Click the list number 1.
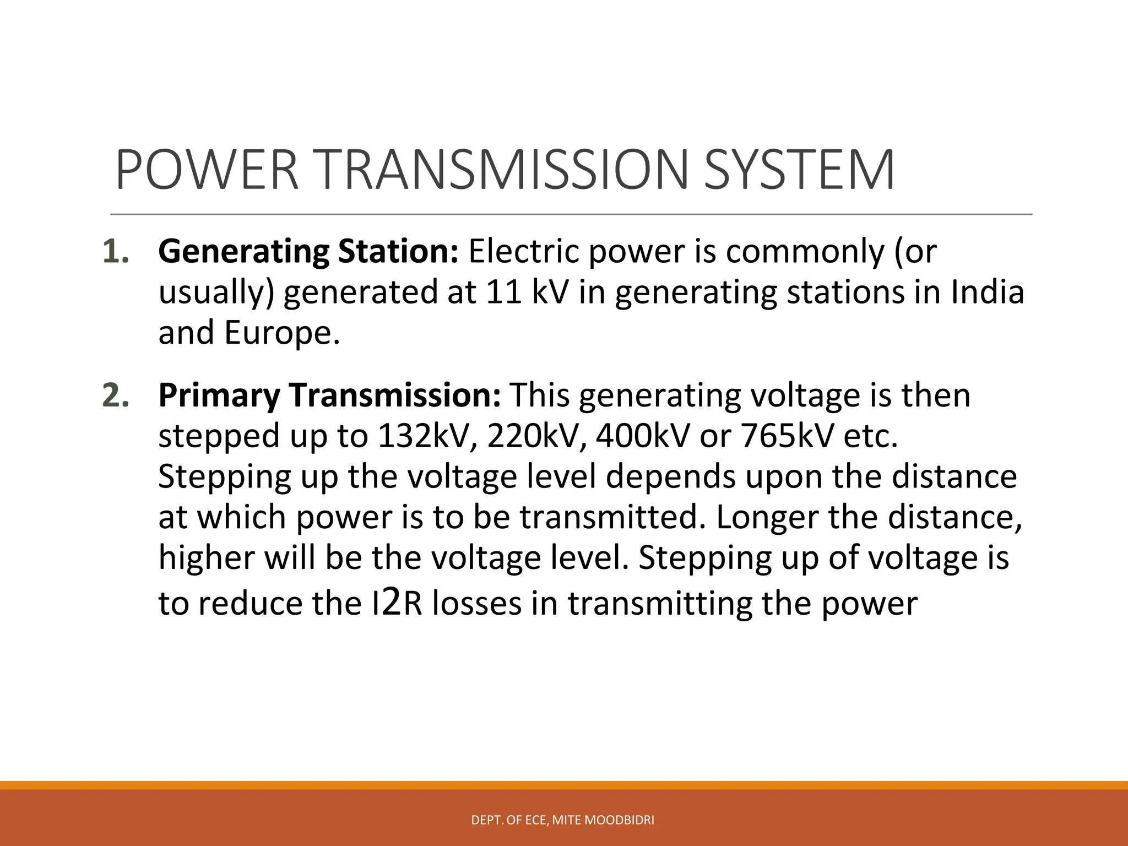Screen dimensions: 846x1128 click(116, 252)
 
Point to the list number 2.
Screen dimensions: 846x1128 click(116, 395)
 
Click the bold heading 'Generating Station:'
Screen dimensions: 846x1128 click(308, 252)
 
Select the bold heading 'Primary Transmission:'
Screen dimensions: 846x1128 click(329, 395)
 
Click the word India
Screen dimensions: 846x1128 click(987, 292)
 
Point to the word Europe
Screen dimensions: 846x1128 click(281, 333)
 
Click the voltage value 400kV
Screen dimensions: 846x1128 click(642, 436)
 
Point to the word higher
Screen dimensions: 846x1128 click(207, 558)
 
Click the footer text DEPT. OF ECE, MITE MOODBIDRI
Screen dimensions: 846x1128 click(563, 820)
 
